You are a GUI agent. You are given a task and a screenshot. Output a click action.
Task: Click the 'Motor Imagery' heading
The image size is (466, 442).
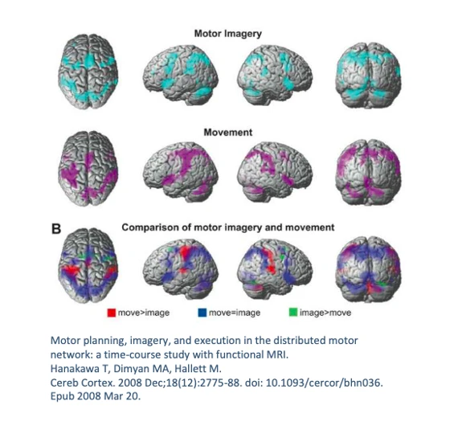(x=228, y=34)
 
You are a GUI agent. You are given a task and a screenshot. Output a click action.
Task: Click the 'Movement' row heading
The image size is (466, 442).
(x=228, y=133)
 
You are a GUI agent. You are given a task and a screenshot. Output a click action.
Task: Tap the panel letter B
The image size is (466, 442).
(x=56, y=229)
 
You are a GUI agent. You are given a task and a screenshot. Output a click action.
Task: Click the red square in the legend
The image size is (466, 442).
(x=112, y=313)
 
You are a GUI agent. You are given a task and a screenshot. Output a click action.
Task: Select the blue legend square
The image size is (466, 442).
(x=202, y=313)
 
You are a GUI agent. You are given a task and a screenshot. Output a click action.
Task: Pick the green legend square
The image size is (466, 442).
(x=293, y=313)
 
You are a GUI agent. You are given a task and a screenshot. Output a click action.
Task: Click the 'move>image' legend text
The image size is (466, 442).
(x=144, y=313)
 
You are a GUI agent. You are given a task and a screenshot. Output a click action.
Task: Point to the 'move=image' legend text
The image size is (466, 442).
(x=235, y=313)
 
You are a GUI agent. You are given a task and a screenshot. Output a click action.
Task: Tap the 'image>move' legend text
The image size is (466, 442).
(x=325, y=313)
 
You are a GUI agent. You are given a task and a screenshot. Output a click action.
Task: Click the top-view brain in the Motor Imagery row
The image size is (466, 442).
(x=88, y=72)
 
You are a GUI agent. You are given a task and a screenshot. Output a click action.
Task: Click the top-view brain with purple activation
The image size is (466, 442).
(x=88, y=169)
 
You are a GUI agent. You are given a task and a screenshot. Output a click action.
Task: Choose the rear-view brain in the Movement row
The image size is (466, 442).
(x=368, y=172)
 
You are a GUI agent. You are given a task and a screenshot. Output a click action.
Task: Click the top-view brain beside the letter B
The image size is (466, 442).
(x=88, y=265)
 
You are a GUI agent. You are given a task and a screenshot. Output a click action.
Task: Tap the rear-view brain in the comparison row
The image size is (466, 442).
(x=368, y=269)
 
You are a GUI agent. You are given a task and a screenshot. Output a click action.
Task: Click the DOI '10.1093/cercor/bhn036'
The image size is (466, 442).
(x=325, y=383)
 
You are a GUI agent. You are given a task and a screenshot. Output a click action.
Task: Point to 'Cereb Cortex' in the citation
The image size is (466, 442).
(x=83, y=383)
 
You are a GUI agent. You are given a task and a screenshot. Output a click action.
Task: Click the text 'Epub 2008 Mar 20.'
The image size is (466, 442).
(x=96, y=396)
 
